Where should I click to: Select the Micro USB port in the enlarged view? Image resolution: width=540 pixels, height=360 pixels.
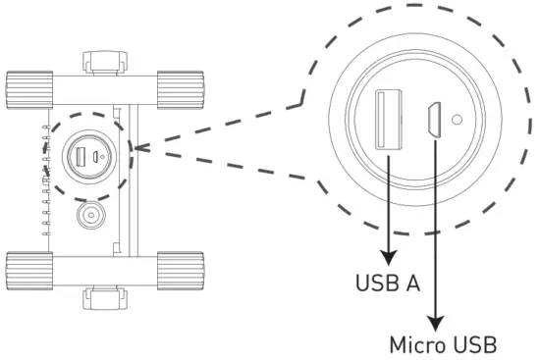431,122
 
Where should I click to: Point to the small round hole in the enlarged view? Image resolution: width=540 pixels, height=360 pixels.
458,124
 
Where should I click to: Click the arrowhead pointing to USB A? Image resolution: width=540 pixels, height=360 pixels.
389,258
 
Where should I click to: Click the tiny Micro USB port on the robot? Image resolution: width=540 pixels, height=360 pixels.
94,156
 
